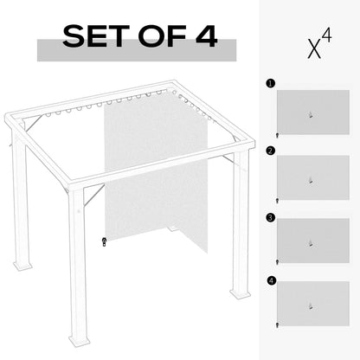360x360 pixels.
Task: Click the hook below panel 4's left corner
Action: coord(276,326)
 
